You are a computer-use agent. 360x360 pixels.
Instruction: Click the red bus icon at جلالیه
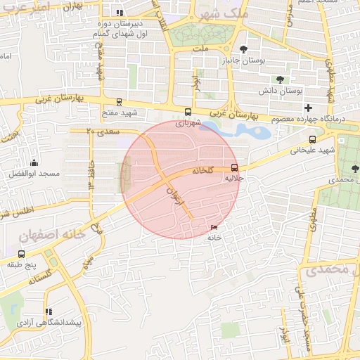(x=234, y=167)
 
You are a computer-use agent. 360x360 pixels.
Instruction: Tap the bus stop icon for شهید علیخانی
(x=312, y=139)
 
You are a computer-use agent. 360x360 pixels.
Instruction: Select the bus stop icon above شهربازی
(x=187, y=112)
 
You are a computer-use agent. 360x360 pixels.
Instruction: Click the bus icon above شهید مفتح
(x=118, y=102)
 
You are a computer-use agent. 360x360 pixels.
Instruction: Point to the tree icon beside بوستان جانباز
(x=243, y=49)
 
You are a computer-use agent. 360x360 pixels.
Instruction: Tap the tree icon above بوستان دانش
(x=280, y=79)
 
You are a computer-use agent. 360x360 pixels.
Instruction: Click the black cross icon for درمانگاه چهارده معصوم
(x=308, y=108)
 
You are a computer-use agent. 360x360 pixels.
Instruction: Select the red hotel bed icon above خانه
(x=214, y=227)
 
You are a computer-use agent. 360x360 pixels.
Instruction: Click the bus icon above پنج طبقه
(x=21, y=254)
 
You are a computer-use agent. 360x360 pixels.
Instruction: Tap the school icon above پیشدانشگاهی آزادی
(x=48, y=311)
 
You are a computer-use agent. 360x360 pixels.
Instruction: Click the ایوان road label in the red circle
(x=176, y=198)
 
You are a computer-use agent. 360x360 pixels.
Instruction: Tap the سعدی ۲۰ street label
(x=103, y=131)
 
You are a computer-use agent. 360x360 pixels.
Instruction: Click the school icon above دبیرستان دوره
(x=120, y=12)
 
